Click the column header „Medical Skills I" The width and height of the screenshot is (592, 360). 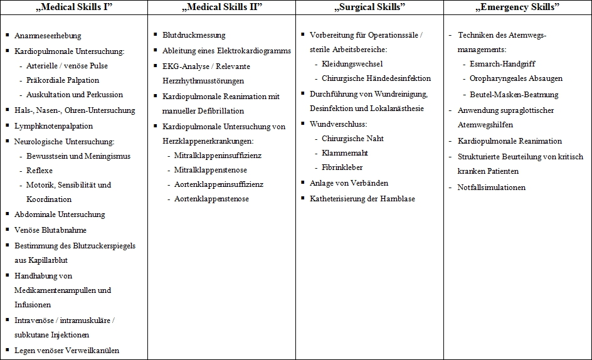tap(73, 8)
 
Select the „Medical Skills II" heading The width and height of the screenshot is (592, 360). tap(221, 8)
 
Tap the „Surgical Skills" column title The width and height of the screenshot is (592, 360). tap(369, 8)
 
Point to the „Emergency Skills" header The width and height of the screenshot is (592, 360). tap(518, 8)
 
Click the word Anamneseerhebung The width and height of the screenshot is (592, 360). tap(48, 36)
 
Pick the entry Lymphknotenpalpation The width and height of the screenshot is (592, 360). tap(53, 126)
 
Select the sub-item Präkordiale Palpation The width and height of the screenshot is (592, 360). tap(63, 80)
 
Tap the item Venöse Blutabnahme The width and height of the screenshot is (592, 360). tap(50, 230)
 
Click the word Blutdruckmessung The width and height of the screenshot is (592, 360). tap(194, 35)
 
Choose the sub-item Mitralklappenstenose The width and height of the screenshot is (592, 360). tap(211, 170)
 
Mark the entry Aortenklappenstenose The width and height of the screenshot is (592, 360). tap(211, 199)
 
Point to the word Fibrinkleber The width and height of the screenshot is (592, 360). tap(342, 167)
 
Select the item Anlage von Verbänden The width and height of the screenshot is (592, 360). tap(349, 183)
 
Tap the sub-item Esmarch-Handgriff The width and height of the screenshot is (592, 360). tap(502, 64)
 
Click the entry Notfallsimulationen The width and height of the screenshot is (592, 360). tap(492, 188)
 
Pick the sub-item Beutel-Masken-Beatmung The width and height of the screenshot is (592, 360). tap(505, 95)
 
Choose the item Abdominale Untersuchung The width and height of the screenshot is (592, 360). tap(60, 214)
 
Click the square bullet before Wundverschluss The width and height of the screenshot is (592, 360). tap(303, 124)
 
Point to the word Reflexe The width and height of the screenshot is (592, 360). tap(40, 171)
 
